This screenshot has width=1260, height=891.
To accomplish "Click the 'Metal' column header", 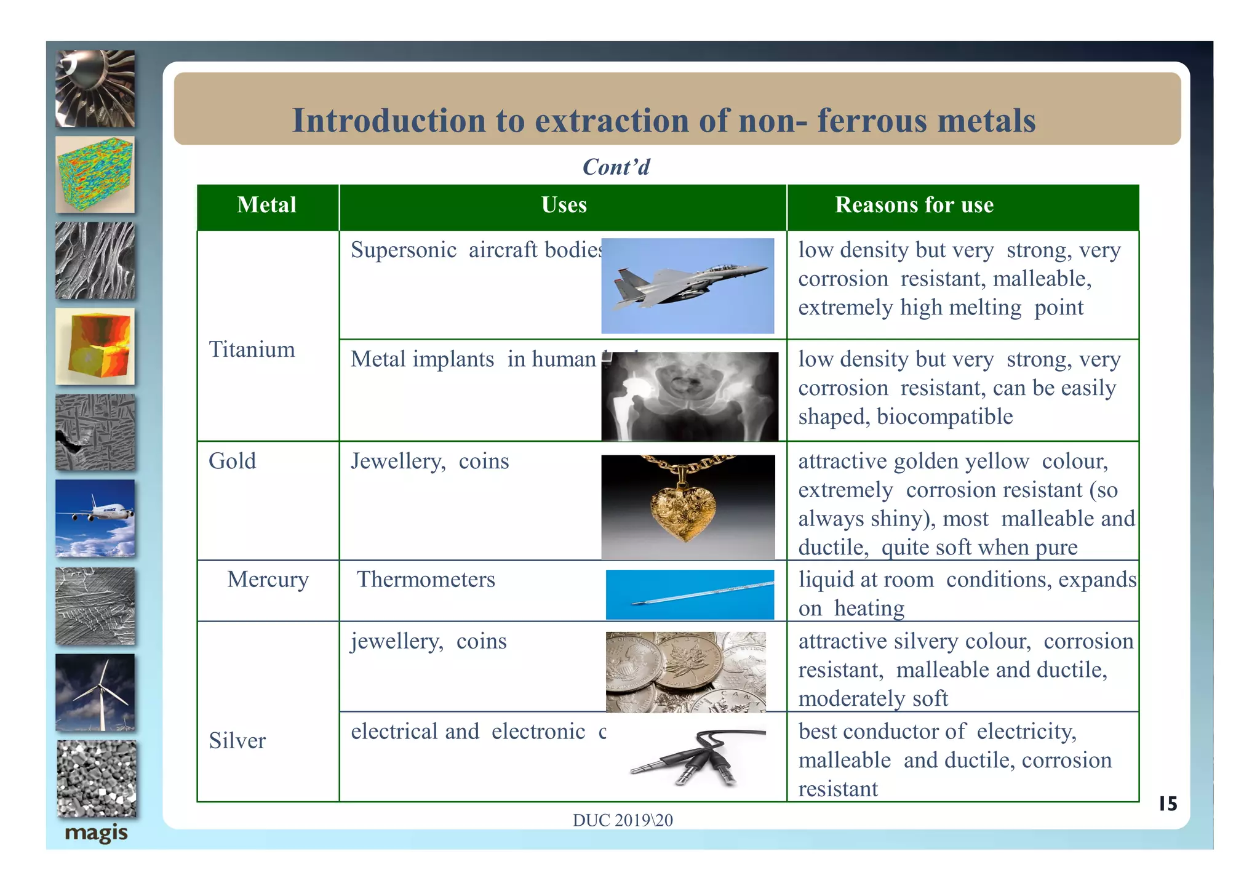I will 266,205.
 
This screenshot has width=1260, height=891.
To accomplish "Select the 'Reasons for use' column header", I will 914,205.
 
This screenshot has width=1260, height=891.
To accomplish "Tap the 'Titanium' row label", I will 252,350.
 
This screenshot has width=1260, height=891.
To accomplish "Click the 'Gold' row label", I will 232,461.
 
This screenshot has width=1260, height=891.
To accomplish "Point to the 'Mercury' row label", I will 268,580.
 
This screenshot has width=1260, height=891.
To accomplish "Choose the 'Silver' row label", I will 237,740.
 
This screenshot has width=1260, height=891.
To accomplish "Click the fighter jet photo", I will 687,286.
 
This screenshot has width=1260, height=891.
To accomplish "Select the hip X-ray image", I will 689,396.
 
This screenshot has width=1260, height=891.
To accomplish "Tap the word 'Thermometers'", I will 426,580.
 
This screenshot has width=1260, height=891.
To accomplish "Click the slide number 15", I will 1167,804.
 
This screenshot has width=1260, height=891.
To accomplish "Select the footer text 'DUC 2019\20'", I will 622,820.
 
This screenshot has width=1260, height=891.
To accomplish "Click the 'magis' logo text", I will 96,833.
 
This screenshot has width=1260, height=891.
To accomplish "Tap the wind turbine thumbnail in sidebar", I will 95,692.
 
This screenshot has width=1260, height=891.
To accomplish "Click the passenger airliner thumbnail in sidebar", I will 95,518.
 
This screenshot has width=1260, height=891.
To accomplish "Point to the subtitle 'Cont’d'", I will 616,167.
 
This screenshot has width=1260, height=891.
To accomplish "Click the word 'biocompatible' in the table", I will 944,417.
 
